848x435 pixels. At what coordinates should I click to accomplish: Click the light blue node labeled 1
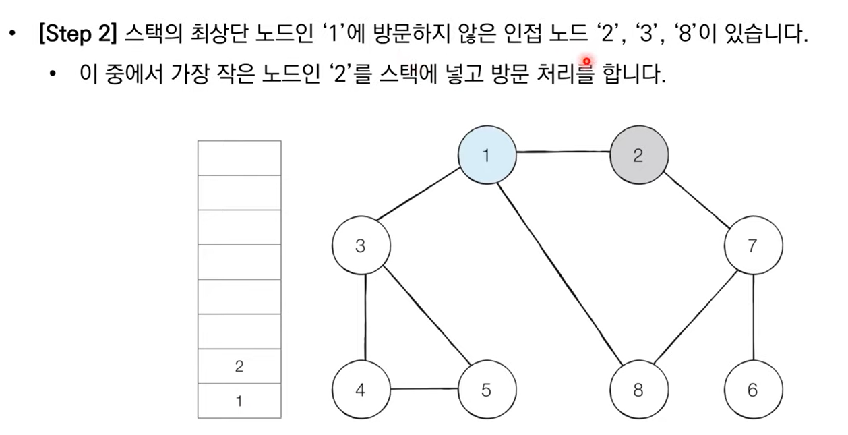pos(487,156)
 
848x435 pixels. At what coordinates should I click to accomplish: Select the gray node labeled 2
pos(638,156)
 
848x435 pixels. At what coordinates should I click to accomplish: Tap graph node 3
pos(361,246)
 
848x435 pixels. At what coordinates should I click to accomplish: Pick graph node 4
pos(361,389)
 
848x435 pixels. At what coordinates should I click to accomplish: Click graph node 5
pos(487,389)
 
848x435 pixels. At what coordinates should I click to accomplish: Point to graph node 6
pos(753,389)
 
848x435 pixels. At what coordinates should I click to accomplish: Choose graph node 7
pos(753,246)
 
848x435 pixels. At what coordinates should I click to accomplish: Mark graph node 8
pos(638,389)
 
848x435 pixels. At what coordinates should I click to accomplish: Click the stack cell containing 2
pos(239,366)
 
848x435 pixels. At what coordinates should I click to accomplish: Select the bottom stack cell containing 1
pos(239,401)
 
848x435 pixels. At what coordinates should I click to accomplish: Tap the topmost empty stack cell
pos(239,158)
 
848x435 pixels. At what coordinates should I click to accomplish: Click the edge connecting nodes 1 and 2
pos(563,154)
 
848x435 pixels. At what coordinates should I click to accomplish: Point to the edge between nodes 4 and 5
pos(423,389)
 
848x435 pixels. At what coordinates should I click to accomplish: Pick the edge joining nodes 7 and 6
pos(753,318)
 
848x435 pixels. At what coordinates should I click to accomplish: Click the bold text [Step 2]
pos(79,35)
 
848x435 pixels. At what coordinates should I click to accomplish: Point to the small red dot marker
pos(586,60)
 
